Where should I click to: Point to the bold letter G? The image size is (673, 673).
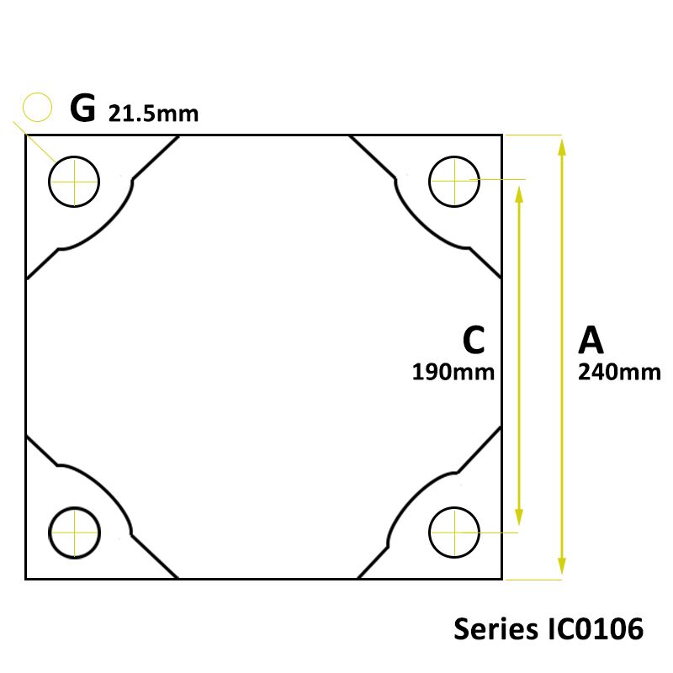[82, 109]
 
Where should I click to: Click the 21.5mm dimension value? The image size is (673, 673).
[153, 114]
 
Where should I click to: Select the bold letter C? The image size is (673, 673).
[474, 340]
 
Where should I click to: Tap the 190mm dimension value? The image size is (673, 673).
[453, 372]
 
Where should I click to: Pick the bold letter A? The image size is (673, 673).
[591, 340]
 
